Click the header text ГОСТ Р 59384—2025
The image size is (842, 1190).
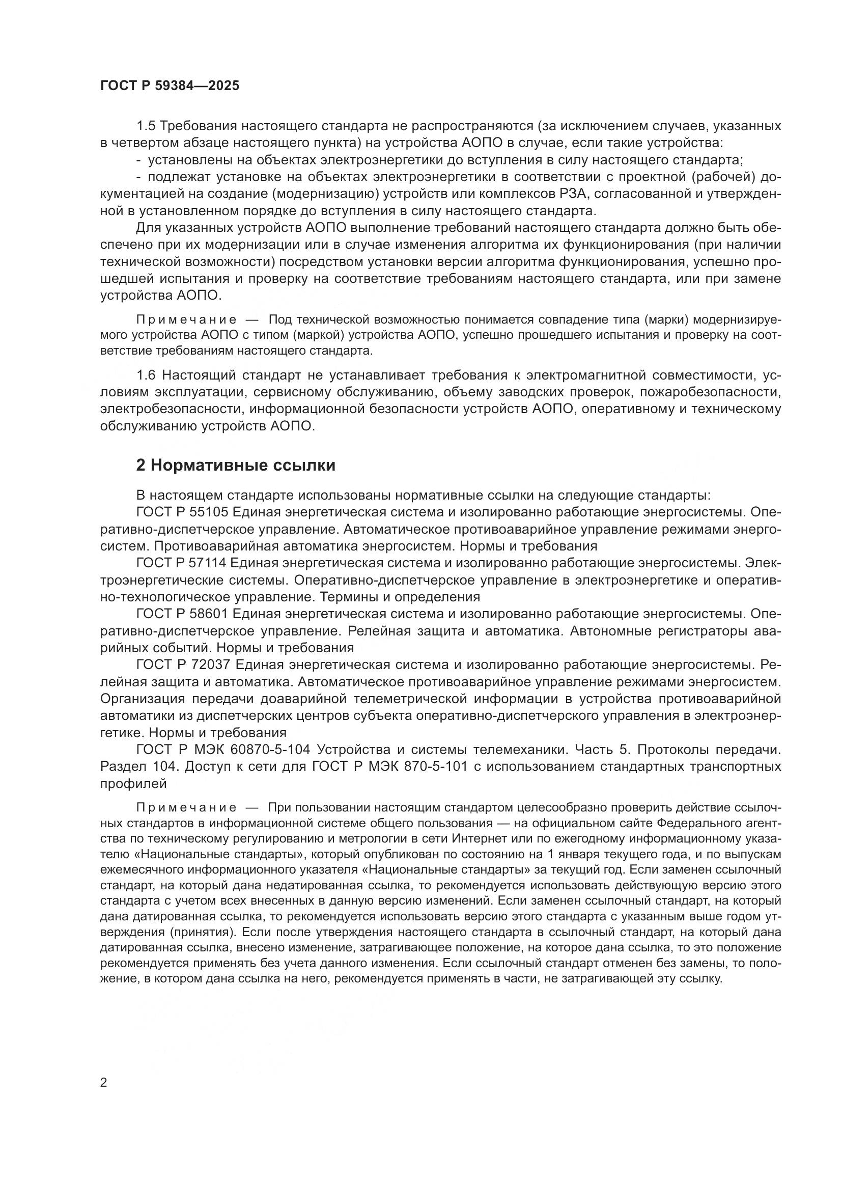click(x=170, y=85)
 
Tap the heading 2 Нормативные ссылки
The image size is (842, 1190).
click(x=235, y=466)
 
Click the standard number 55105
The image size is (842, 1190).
click(x=209, y=512)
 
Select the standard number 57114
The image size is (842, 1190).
click(x=209, y=563)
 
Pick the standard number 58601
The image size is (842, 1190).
click(x=209, y=614)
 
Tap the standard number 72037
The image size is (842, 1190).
click(x=209, y=664)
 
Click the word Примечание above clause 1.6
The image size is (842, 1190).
click(x=186, y=319)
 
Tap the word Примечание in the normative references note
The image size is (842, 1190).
click(x=186, y=807)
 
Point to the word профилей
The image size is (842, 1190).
click(x=133, y=783)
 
